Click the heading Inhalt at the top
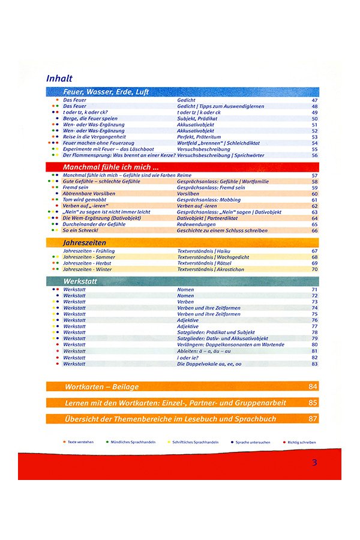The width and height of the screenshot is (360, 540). coord(59,78)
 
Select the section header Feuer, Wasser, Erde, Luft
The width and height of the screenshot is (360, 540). coord(106,92)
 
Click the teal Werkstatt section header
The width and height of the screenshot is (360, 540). coord(78,281)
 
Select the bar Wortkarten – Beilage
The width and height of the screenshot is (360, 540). coord(101,386)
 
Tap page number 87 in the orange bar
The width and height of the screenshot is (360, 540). coord(313,418)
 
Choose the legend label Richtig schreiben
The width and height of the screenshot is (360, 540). coord(301,442)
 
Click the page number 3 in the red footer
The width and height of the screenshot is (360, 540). coord(314,463)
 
